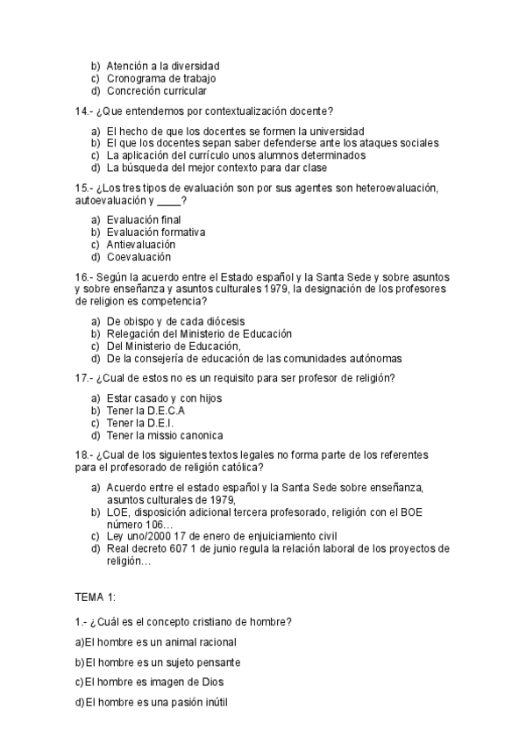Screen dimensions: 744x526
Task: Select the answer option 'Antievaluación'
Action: tap(140, 245)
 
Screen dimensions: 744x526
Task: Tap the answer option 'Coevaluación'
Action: tap(139, 258)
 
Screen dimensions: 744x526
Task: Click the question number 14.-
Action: tap(85, 111)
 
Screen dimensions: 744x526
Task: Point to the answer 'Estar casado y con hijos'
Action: tap(164, 397)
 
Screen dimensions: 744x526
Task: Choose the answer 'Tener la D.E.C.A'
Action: tap(146, 411)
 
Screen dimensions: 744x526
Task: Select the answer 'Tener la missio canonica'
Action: tap(164, 435)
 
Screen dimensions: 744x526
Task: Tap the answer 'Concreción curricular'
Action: tap(157, 91)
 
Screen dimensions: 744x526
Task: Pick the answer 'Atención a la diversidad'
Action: tap(162, 66)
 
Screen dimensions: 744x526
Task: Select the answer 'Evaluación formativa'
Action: tap(156, 232)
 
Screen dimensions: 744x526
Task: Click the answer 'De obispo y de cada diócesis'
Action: tap(175, 321)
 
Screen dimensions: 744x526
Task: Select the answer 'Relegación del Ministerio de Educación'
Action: tap(199, 334)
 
